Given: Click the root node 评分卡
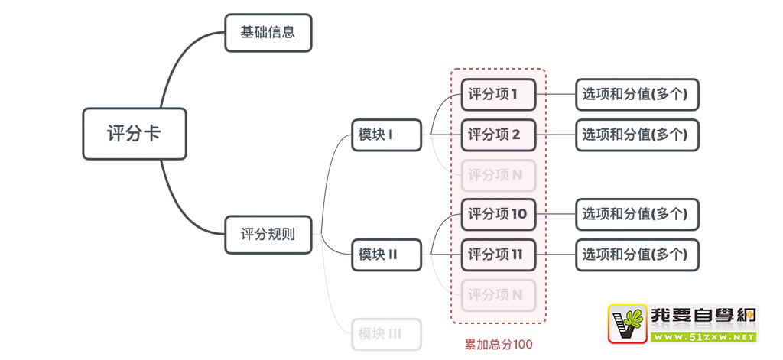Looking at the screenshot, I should [134, 134].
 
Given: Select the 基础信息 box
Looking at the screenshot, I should [268, 33].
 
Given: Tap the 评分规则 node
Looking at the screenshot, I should [268, 235].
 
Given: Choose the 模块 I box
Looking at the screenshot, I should [386, 135].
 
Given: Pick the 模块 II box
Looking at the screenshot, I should [386, 255].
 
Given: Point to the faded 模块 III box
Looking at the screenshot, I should [386, 334].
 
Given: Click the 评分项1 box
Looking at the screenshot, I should [498, 95].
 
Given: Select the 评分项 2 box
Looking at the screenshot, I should [498, 135].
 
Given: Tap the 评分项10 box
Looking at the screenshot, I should [498, 214].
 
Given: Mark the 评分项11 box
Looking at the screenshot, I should [498, 255].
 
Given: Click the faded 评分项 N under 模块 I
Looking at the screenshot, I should [498, 175].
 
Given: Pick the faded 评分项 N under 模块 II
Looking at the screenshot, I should [498, 294].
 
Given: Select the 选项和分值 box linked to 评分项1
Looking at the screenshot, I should [637, 95].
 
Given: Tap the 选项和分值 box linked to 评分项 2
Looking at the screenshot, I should [637, 135].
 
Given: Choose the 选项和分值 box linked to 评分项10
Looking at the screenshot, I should [637, 214].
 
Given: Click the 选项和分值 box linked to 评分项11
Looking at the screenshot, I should [637, 255].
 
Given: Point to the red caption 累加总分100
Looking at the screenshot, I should [498, 345].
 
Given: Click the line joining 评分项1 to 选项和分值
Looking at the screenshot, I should [556, 95].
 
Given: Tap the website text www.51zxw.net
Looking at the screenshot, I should [703, 336].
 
